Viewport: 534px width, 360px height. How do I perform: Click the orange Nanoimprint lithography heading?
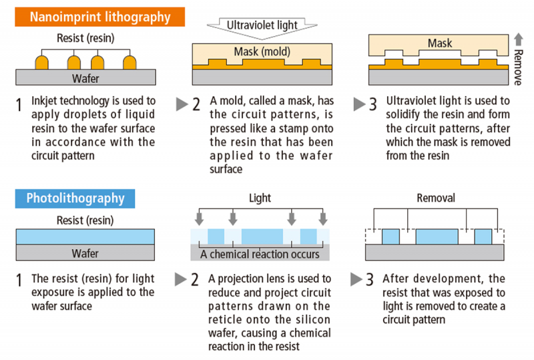(x=99, y=16)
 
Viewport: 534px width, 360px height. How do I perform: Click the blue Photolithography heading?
(x=75, y=198)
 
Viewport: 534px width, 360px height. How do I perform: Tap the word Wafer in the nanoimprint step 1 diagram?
(x=85, y=79)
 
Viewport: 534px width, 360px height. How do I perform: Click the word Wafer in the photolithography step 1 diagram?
(x=85, y=253)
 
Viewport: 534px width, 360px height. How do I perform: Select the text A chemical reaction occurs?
(x=260, y=254)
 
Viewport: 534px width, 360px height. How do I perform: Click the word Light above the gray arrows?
(x=260, y=199)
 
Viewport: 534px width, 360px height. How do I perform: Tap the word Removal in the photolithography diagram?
(x=435, y=199)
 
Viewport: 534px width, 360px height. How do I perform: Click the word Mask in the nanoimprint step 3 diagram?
(x=439, y=43)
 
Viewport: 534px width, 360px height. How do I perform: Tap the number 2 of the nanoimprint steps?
(x=196, y=104)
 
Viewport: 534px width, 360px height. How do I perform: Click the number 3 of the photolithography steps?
(x=370, y=280)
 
